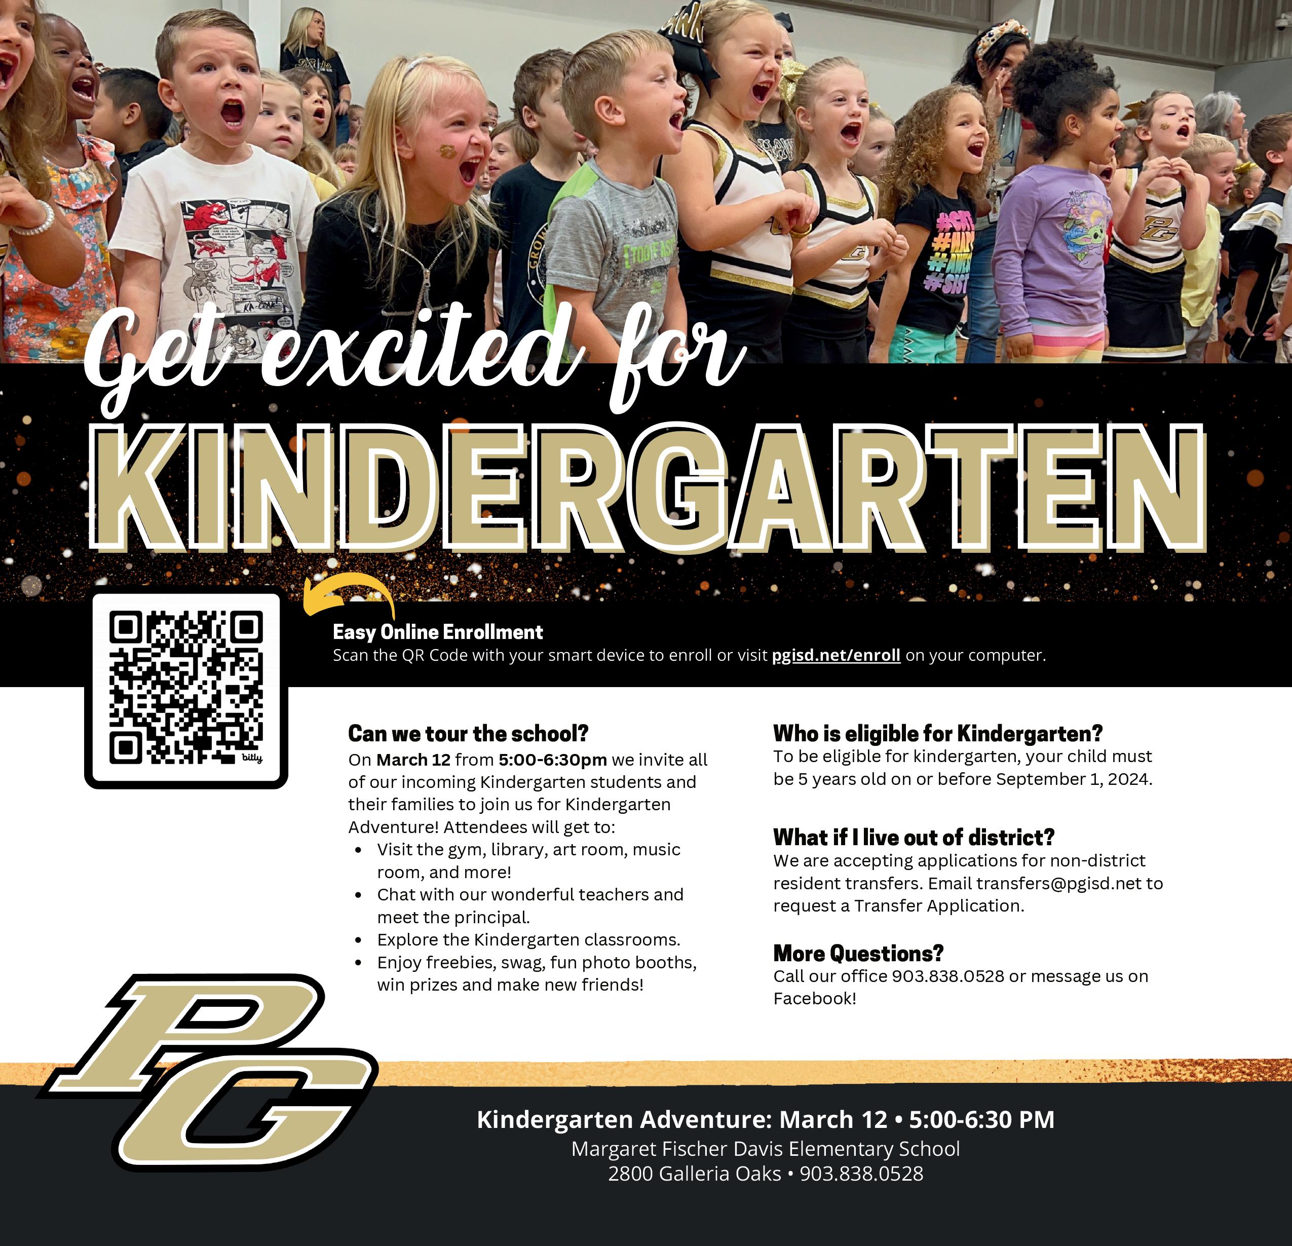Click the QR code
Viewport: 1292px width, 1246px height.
[x=186, y=688]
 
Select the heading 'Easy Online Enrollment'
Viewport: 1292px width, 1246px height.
[x=438, y=632]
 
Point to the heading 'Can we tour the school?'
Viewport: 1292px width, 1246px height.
[x=468, y=733]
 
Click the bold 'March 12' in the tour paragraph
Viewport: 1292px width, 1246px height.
[x=413, y=760]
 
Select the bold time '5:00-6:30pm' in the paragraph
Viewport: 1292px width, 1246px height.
[x=552, y=760]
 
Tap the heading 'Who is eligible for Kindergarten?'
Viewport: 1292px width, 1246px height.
[x=937, y=733]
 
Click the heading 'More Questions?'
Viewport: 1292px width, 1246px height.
[x=858, y=953]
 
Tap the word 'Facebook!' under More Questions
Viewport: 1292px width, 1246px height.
[x=815, y=999]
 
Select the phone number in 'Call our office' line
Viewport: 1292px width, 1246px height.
[x=947, y=976]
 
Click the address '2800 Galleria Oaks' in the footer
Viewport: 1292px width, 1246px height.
[x=694, y=1174]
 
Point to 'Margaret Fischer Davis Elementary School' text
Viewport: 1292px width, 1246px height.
[x=765, y=1149]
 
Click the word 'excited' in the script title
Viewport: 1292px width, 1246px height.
[x=415, y=353]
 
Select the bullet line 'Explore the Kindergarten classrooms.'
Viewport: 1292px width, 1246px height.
[x=528, y=939]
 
